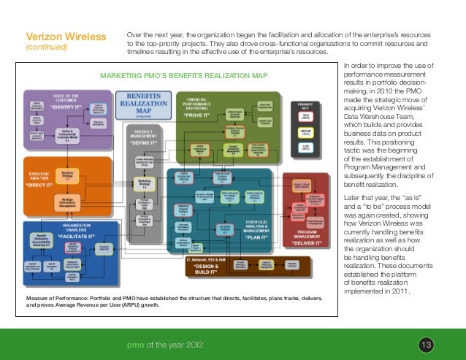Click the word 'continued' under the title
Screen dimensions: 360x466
click(46, 48)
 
